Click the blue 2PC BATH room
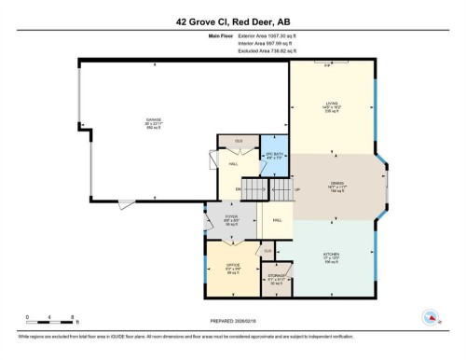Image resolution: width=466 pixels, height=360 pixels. point(274,156)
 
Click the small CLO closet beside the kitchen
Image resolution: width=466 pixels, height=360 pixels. point(267,251)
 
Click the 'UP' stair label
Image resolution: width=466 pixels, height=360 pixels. point(296,190)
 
